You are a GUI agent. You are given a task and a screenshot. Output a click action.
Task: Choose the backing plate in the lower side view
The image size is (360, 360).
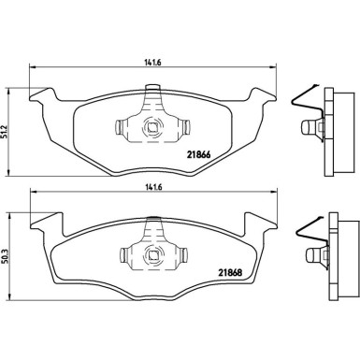(332, 256)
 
